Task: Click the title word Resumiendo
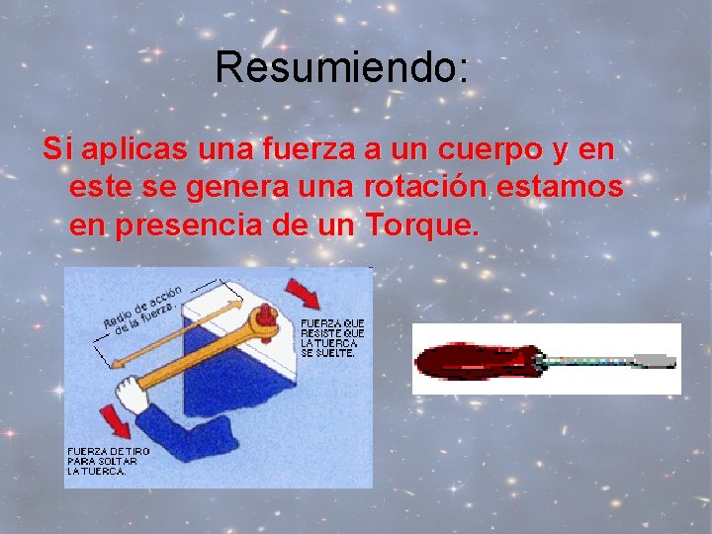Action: (x=340, y=67)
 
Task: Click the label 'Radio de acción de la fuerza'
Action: (x=143, y=311)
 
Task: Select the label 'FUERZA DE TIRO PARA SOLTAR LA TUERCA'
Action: (x=108, y=461)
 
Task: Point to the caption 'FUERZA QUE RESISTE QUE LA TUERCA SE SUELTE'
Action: (x=332, y=337)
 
